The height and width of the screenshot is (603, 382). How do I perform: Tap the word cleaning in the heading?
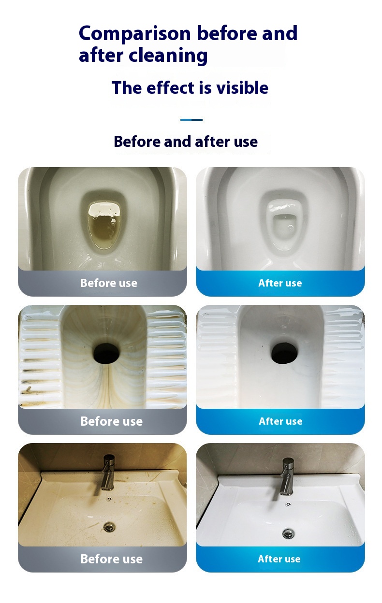point(168,56)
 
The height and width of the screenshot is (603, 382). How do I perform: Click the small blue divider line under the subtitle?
point(191,120)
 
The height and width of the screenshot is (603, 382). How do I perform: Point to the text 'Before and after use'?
point(186,142)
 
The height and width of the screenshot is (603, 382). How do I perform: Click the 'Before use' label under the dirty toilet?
point(109,283)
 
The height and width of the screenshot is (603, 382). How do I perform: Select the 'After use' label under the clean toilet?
point(280,283)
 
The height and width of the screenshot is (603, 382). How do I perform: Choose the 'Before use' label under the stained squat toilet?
point(112,421)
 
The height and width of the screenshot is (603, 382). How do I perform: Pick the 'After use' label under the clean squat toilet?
point(280,421)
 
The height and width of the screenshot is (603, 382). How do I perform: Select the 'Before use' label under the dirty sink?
point(112,559)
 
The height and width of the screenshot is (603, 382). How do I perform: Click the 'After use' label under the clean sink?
point(279,559)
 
